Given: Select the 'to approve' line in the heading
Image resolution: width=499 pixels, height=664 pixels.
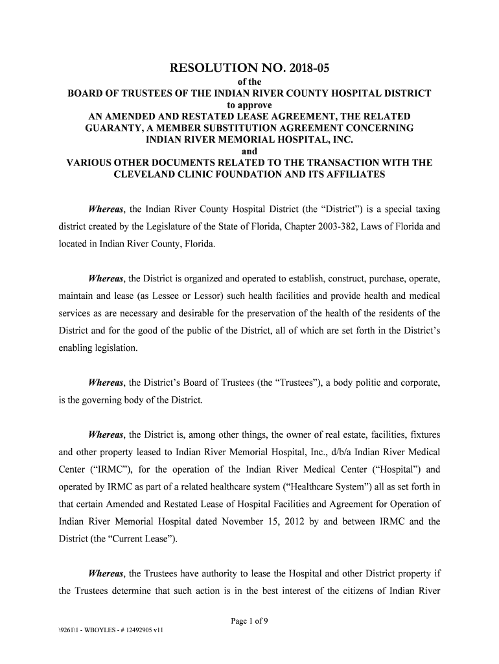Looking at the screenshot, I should (x=249, y=105).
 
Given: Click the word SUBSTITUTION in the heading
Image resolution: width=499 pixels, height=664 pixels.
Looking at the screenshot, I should (x=267, y=128).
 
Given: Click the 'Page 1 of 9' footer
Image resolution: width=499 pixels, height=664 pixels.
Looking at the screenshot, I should (x=250, y=621).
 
